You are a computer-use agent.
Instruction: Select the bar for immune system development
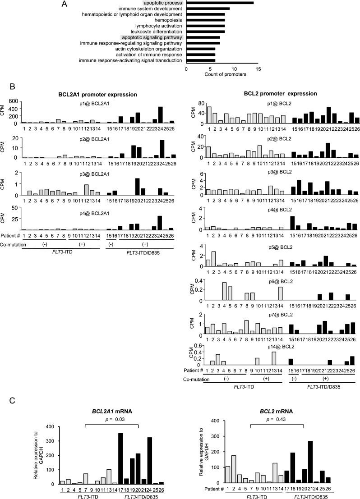point(208,9)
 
